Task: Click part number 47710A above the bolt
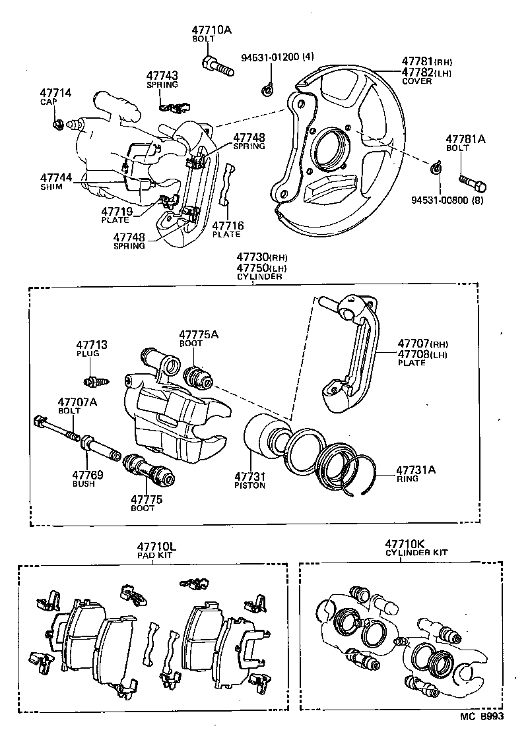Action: coord(212,30)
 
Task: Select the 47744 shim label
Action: coord(55,178)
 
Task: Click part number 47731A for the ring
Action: coord(416,470)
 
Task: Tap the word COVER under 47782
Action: coord(416,81)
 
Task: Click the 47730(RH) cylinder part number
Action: coord(261,257)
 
